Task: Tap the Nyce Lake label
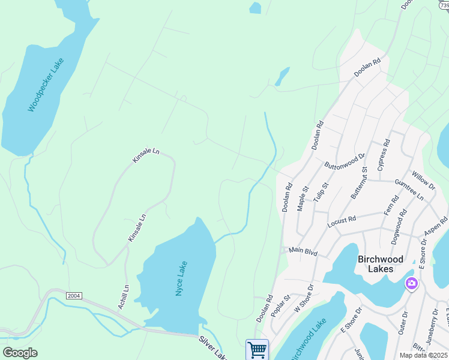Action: [x=181, y=278]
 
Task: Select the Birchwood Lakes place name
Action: [x=384, y=264]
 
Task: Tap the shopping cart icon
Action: [x=257, y=349]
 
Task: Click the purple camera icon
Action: [x=411, y=283]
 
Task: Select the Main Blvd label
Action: [x=303, y=250]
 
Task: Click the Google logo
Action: [x=20, y=352]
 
